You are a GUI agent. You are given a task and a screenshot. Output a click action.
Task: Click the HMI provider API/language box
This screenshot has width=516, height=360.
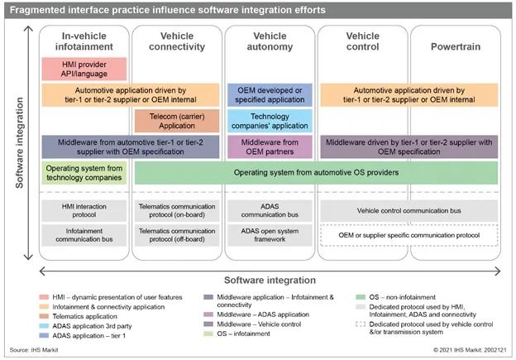(83, 69)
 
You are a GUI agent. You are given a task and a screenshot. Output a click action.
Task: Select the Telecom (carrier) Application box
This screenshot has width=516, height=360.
(177, 121)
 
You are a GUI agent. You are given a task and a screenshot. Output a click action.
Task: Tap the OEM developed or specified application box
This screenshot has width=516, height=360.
(270, 94)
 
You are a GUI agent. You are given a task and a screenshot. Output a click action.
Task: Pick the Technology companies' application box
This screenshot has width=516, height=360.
(270, 121)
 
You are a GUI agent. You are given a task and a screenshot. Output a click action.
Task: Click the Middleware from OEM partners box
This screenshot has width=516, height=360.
(270, 146)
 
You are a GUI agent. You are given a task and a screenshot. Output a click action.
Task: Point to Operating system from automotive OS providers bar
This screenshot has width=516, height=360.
(316, 172)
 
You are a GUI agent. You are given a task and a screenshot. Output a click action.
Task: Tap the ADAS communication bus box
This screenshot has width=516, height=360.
(270, 209)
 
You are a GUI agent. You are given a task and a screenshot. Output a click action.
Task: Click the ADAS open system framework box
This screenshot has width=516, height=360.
(270, 235)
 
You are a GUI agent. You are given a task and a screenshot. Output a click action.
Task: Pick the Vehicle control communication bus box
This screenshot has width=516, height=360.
(409, 209)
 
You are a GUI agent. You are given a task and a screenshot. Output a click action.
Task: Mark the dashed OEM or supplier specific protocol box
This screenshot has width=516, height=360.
(409, 235)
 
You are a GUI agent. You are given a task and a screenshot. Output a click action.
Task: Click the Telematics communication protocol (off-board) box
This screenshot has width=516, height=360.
(177, 235)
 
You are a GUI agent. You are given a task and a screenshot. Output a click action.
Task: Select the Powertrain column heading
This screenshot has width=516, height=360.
(455, 46)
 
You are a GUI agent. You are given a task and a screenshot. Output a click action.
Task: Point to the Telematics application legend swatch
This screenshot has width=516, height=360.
(47, 314)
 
